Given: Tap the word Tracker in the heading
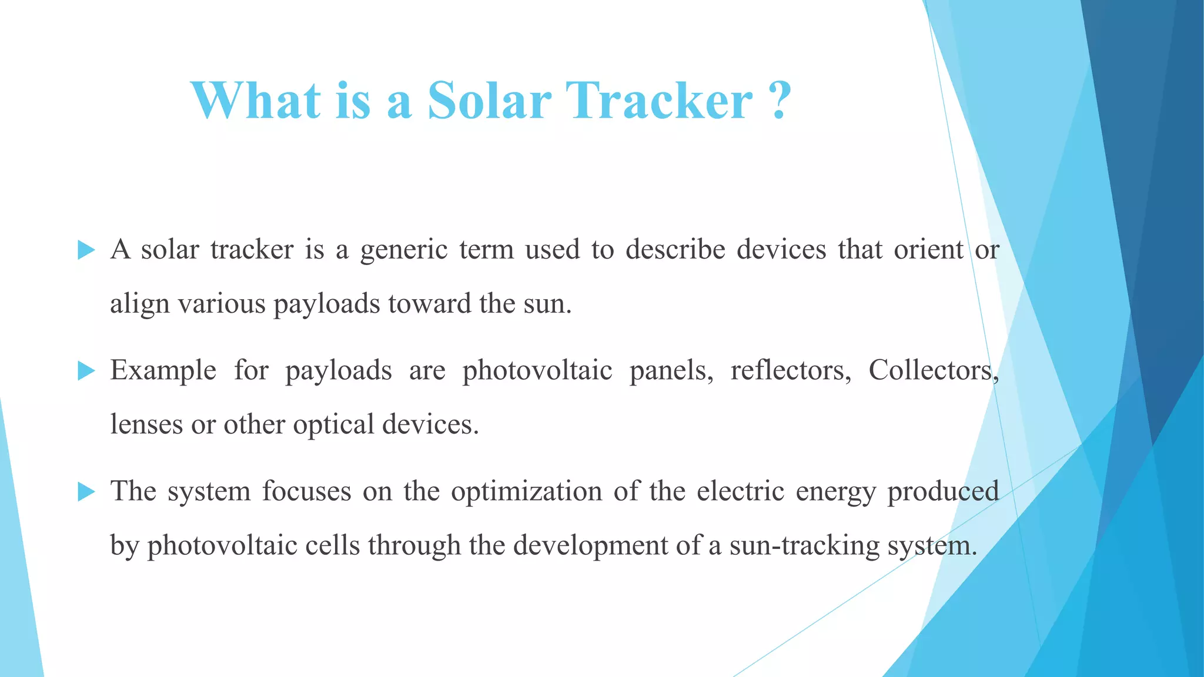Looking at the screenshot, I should point(658,100).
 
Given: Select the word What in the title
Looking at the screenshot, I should point(256,100).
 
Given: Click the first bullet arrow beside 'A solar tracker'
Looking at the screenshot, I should point(86,250).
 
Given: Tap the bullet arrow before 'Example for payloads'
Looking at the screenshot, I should point(86,371).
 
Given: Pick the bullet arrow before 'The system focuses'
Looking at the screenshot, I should point(86,491).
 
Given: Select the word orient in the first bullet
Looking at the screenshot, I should point(928,249).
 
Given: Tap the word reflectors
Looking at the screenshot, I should point(790,370).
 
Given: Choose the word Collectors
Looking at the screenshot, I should point(932,370).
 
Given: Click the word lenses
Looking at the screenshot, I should point(146,424).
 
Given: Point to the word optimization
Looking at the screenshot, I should point(526,492).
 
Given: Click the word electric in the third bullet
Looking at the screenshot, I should point(740,491).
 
